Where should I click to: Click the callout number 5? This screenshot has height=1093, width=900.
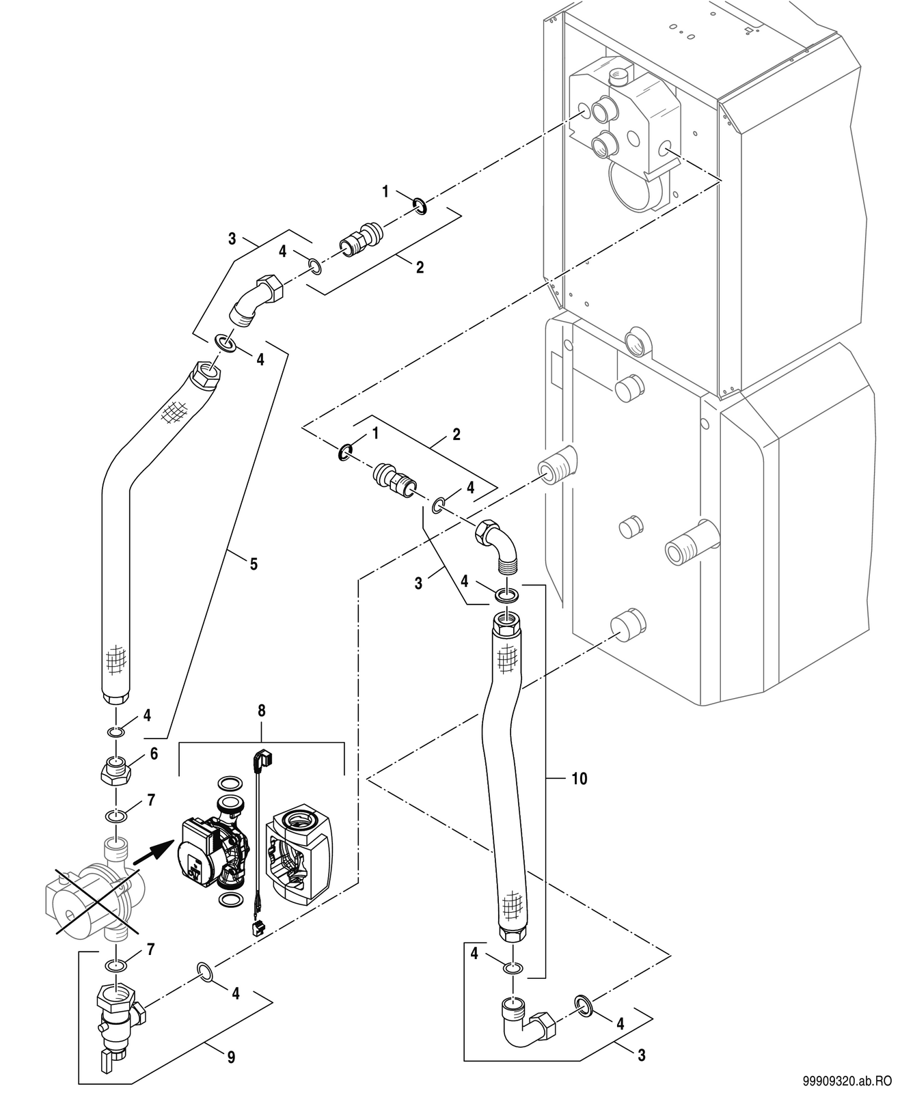point(254,564)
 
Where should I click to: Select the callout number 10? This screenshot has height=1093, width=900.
point(579,793)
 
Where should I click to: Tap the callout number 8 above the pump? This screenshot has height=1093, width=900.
point(261,711)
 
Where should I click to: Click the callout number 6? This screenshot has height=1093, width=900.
point(154,753)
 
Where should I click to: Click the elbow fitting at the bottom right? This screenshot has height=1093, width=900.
point(528,1019)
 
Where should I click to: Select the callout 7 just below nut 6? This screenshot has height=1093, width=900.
point(151,800)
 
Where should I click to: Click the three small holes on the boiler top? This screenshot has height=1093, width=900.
point(682,31)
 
